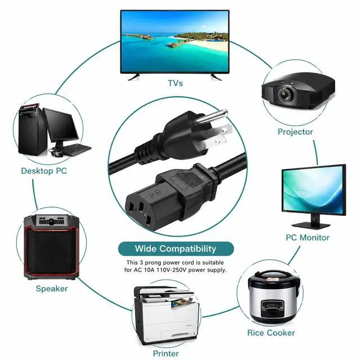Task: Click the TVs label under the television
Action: pos(175,83)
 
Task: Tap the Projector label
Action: pos(295,132)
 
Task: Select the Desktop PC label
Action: pos(44,171)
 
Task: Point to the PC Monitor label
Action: pos(308,237)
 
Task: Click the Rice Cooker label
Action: pos(271,332)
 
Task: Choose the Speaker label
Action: pos(52,289)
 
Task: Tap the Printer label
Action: pos(166,353)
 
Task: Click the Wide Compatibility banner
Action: pos(176,249)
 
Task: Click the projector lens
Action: pos(285,94)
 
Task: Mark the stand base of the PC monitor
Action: pos(311,225)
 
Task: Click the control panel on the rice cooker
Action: pos(272,308)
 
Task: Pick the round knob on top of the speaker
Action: pos(51,222)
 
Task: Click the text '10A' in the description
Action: pos(148,270)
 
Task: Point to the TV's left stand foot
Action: pos(134,76)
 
